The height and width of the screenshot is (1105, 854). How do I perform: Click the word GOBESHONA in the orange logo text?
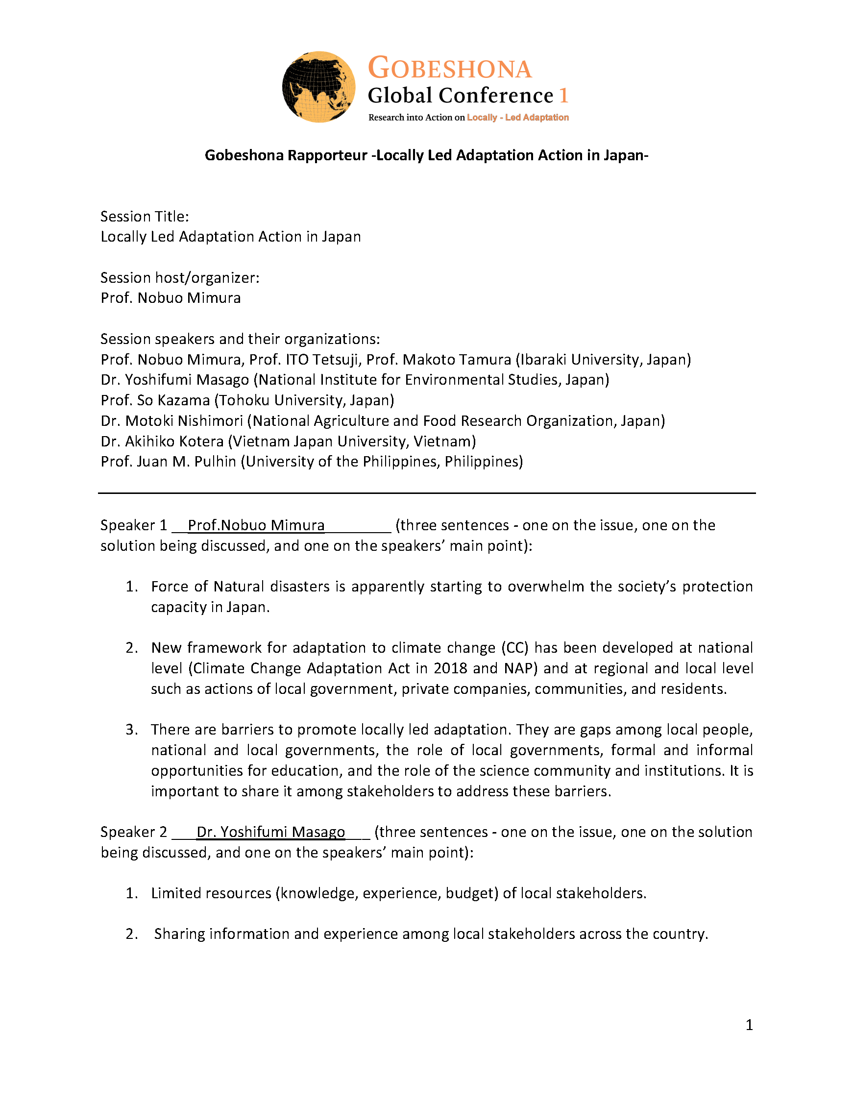pyautogui.click(x=450, y=68)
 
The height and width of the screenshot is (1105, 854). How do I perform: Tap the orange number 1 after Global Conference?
pyautogui.click(x=563, y=96)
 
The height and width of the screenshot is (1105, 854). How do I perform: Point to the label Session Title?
pyautogui.click(x=145, y=217)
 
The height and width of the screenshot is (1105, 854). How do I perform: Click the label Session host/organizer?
pyautogui.click(x=180, y=278)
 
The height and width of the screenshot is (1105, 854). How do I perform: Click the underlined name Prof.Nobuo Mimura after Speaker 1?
pyautogui.click(x=256, y=526)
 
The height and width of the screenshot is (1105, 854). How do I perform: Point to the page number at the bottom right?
pyautogui.click(x=749, y=1025)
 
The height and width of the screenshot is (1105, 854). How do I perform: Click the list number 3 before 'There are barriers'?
pyautogui.click(x=131, y=730)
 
